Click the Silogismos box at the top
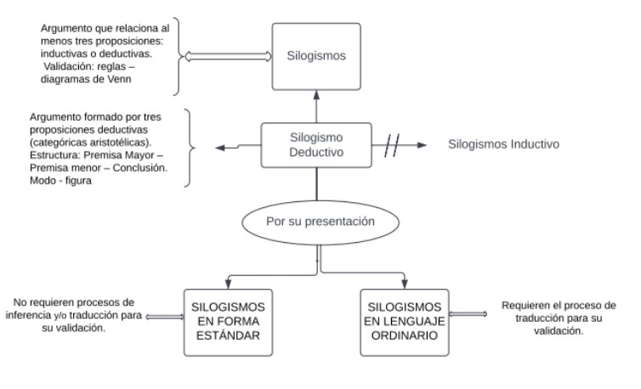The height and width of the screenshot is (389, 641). [x=316, y=57]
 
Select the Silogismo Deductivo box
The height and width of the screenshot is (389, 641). [x=315, y=145]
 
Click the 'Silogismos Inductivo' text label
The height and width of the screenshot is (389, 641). [x=503, y=144]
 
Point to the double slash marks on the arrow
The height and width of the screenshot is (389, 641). [x=394, y=145]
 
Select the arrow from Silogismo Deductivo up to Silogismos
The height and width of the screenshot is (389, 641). [x=316, y=109]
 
